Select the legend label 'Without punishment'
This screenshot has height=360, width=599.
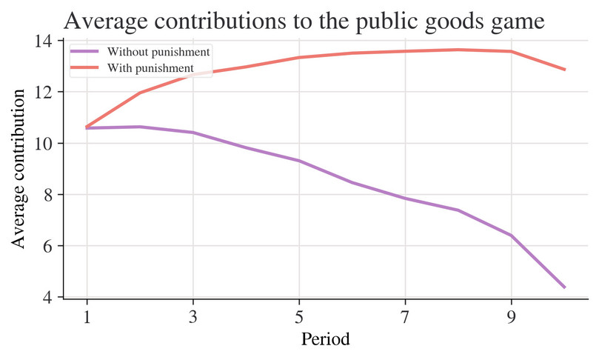(158, 53)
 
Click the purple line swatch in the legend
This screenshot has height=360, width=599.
(86, 53)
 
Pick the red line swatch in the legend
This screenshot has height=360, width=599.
(86, 68)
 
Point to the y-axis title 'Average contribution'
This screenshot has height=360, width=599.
(19, 168)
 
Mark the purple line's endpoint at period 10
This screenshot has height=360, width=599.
(564, 287)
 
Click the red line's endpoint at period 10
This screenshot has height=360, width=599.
(564, 70)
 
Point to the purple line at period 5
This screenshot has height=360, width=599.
(299, 161)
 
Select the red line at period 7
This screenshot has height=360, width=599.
(405, 51)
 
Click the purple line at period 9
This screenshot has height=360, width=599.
(511, 236)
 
